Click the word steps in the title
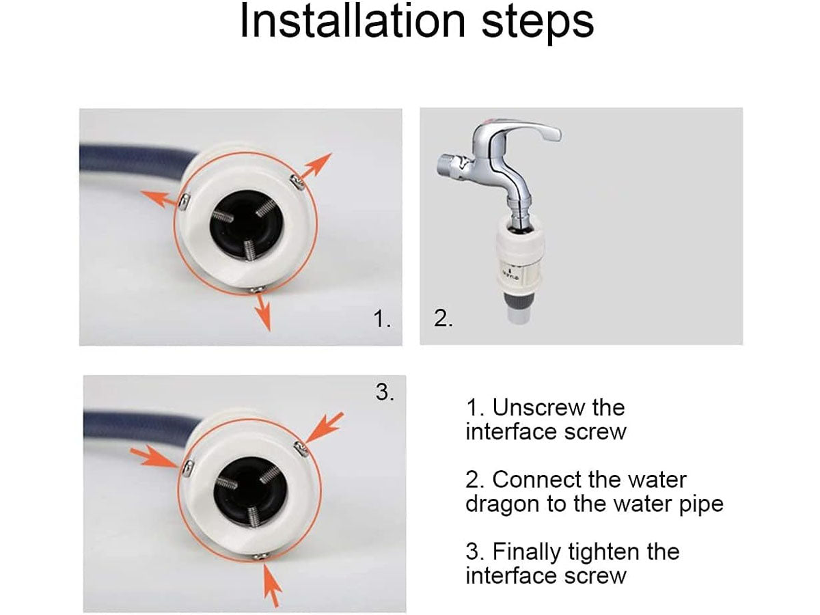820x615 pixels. click(x=538, y=23)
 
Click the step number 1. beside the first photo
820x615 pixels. click(x=382, y=319)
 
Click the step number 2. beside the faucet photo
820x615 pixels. click(x=443, y=318)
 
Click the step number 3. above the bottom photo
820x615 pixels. click(x=385, y=392)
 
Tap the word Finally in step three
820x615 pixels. click(x=526, y=553)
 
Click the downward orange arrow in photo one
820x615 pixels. click(x=262, y=312)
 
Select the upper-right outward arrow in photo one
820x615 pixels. click(x=314, y=167)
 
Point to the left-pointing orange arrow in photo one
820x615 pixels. click(x=159, y=199)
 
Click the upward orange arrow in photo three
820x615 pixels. click(x=272, y=586)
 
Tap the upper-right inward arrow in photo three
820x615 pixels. click(x=323, y=428)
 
